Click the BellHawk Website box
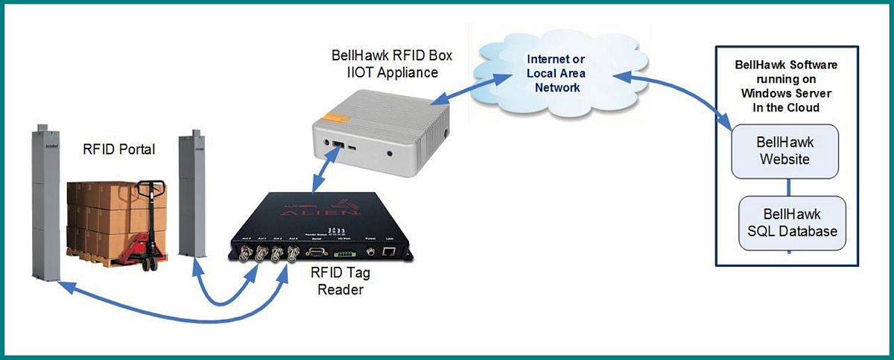(x=784, y=151)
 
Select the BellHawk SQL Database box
(x=792, y=223)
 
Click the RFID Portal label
(x=119, y=150)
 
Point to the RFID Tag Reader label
(x=340, y=281)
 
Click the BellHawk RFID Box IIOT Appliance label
(x=392, y=64)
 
